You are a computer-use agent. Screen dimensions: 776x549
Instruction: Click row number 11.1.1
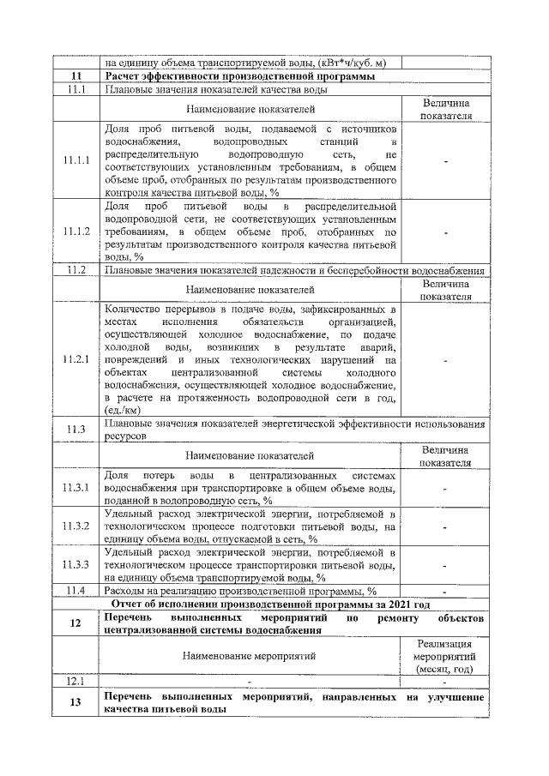coord(76,160)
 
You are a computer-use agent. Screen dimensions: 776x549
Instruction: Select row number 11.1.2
coord(76,232)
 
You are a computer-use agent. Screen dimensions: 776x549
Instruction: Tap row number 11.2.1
coord(76,359)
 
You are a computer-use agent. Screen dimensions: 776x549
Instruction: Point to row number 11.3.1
coord(76,488)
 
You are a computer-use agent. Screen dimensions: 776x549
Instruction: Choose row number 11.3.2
coord(76,525)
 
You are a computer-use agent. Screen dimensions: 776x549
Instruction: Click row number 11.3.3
coord(76,565)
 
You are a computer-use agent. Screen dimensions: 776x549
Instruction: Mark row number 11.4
coord(76,591)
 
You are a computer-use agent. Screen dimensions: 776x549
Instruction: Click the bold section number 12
coord(76,623)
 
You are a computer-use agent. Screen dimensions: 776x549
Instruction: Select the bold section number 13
coord(76,703)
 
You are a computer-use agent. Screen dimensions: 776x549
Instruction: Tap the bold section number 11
coord(76,76)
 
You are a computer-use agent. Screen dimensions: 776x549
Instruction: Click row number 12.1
coord(76,682)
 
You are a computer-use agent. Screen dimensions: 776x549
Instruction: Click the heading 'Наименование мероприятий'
coord(250,656)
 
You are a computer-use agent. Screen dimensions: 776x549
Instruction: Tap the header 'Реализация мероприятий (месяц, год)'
coord(444,656)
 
